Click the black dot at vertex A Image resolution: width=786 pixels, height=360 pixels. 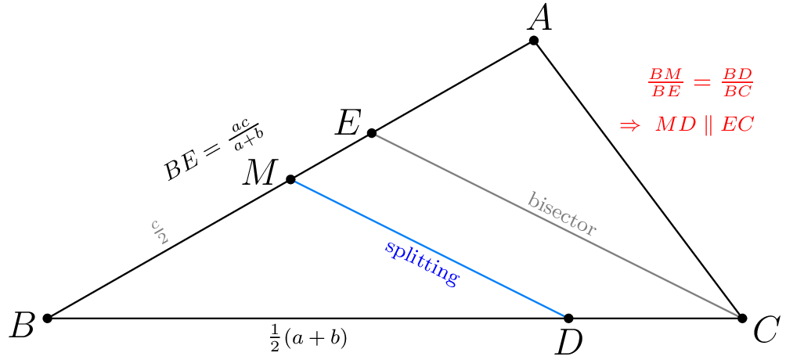[533, 40]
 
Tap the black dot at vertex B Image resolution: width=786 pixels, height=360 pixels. [47, 318]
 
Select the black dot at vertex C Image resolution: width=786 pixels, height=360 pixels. [742, 317]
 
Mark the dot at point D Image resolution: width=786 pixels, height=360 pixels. [568, 318]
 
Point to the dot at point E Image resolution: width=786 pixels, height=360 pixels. [372, 133]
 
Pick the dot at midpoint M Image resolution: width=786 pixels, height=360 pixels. [290, 179]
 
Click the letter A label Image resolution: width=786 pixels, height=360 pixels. [539, 17]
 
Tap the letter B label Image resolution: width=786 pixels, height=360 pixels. [21, 326]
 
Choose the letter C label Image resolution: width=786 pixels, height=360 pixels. [764, 331]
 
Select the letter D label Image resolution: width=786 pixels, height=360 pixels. [568, 343]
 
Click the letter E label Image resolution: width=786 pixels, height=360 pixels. [348, 123]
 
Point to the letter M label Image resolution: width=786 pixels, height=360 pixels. [258, 172]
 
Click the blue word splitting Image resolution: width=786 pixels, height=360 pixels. [420, 263]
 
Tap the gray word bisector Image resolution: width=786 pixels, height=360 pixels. [562, 214]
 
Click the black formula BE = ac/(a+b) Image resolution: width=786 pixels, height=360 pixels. [212, 150]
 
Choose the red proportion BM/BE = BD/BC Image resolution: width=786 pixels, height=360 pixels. [700, 83]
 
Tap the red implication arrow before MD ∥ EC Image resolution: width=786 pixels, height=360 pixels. [629, 125]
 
